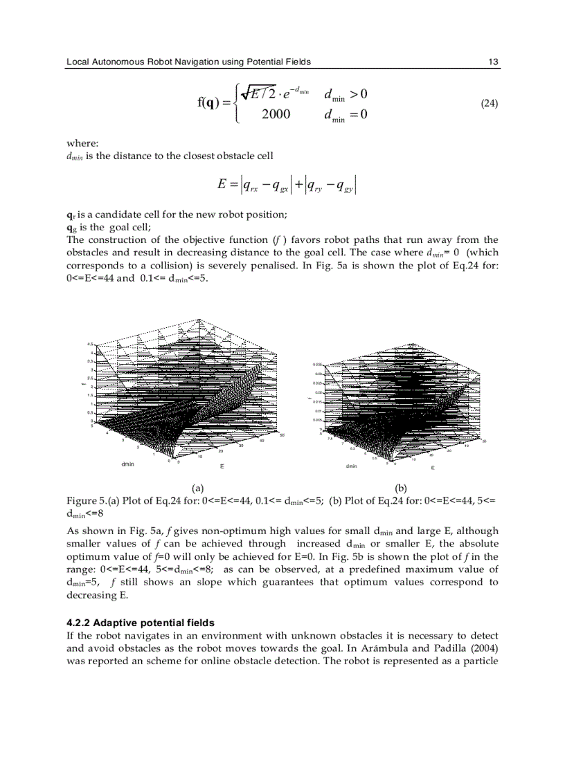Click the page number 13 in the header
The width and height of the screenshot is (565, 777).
pos(493,62)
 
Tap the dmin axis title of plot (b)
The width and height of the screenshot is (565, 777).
pos(352,466)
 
